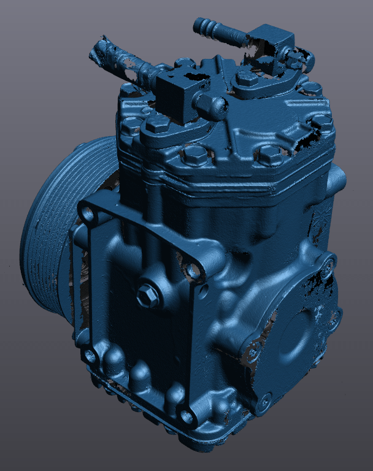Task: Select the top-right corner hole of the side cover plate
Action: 194,270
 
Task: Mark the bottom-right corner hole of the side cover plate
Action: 187,418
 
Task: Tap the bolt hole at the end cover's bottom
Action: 264,402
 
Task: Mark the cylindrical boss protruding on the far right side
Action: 337,177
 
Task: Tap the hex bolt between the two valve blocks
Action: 247,78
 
